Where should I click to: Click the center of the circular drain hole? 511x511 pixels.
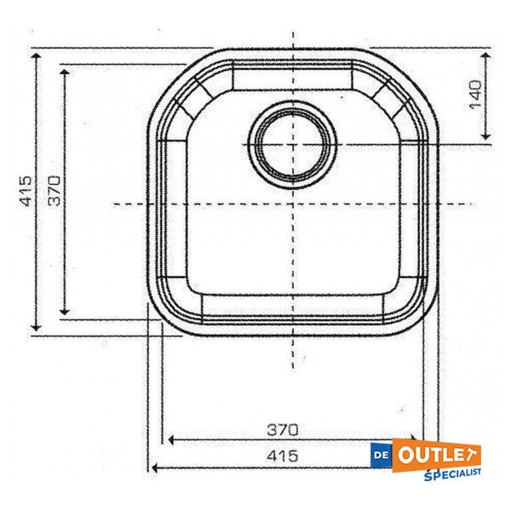pyautogui.click(x=292, y=144)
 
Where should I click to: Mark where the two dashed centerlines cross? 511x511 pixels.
pyautogui.click(x=292, y=204)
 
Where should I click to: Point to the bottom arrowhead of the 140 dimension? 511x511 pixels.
pyautogui.click(x=485, y=138)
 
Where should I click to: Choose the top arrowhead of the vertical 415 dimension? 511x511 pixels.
pyautogui.click(x=36, y=55)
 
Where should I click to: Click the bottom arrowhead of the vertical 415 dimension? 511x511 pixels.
pyautogui.click(x=36, y=329)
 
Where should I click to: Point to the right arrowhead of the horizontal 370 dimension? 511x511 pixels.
pyautogui.click(x=418, y=440)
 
